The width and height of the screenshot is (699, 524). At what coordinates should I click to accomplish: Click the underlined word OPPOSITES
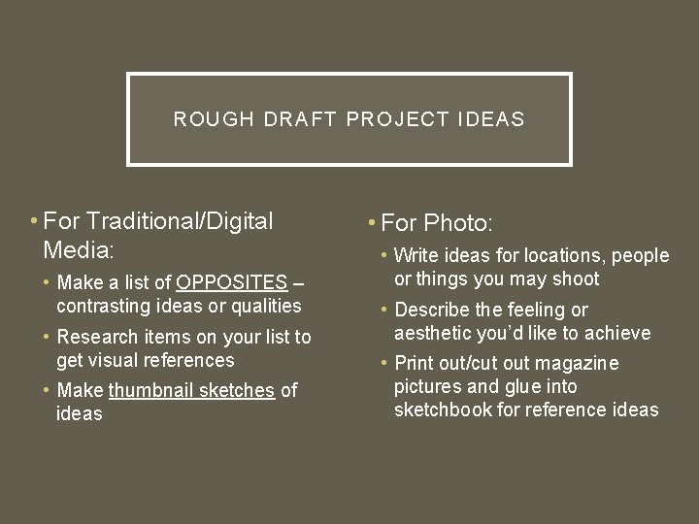[x=232, y=283]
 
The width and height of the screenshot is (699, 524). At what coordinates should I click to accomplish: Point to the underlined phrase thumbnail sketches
[x=192, y=391]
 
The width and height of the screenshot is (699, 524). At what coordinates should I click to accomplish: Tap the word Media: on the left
[x=79, y=249]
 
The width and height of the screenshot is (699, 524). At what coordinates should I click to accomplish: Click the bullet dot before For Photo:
[x=373, y=223]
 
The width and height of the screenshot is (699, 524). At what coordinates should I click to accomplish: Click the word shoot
[x=578, y=279]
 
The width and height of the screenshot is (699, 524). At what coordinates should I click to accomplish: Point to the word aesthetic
[x=433, y=333]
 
